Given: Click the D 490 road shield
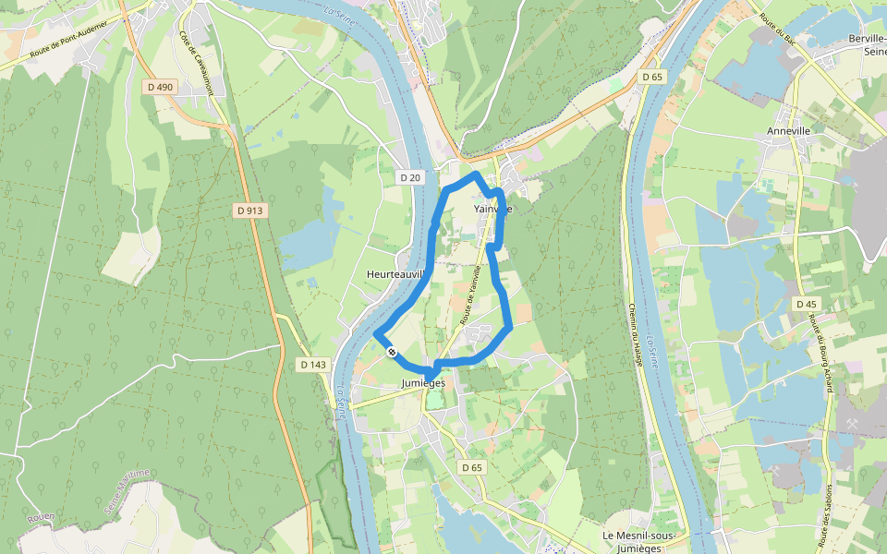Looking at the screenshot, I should click(x=160, y=87).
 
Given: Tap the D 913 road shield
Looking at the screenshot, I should click(x=249, y=211).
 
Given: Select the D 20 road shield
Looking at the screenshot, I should click(x=410, y=177).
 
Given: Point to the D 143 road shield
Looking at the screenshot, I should click(x=313, y=365).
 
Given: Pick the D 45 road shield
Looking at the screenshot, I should click(x=806, y=304).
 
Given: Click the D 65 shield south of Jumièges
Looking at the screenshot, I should click(x=472, y=467).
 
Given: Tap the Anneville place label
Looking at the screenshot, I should click(x=788, y=131).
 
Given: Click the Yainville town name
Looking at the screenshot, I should click(x=492, y=209).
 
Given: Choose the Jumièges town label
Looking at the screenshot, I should click(x=424, y=382).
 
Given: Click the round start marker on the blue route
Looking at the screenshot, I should click(x=392, y=351).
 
